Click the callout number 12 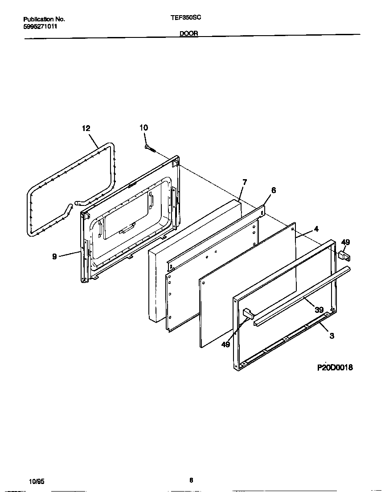86,128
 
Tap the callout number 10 143,128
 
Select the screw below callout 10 149,148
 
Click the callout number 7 244,182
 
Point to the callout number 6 273,190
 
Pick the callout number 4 316,229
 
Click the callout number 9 54,256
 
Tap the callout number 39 319,309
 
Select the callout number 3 332,336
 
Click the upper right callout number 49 345,242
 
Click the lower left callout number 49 225,344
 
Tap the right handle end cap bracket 344,256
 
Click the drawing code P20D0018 335,368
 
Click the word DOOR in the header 189,33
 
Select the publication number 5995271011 40,26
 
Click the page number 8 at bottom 191,480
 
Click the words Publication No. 44,19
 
